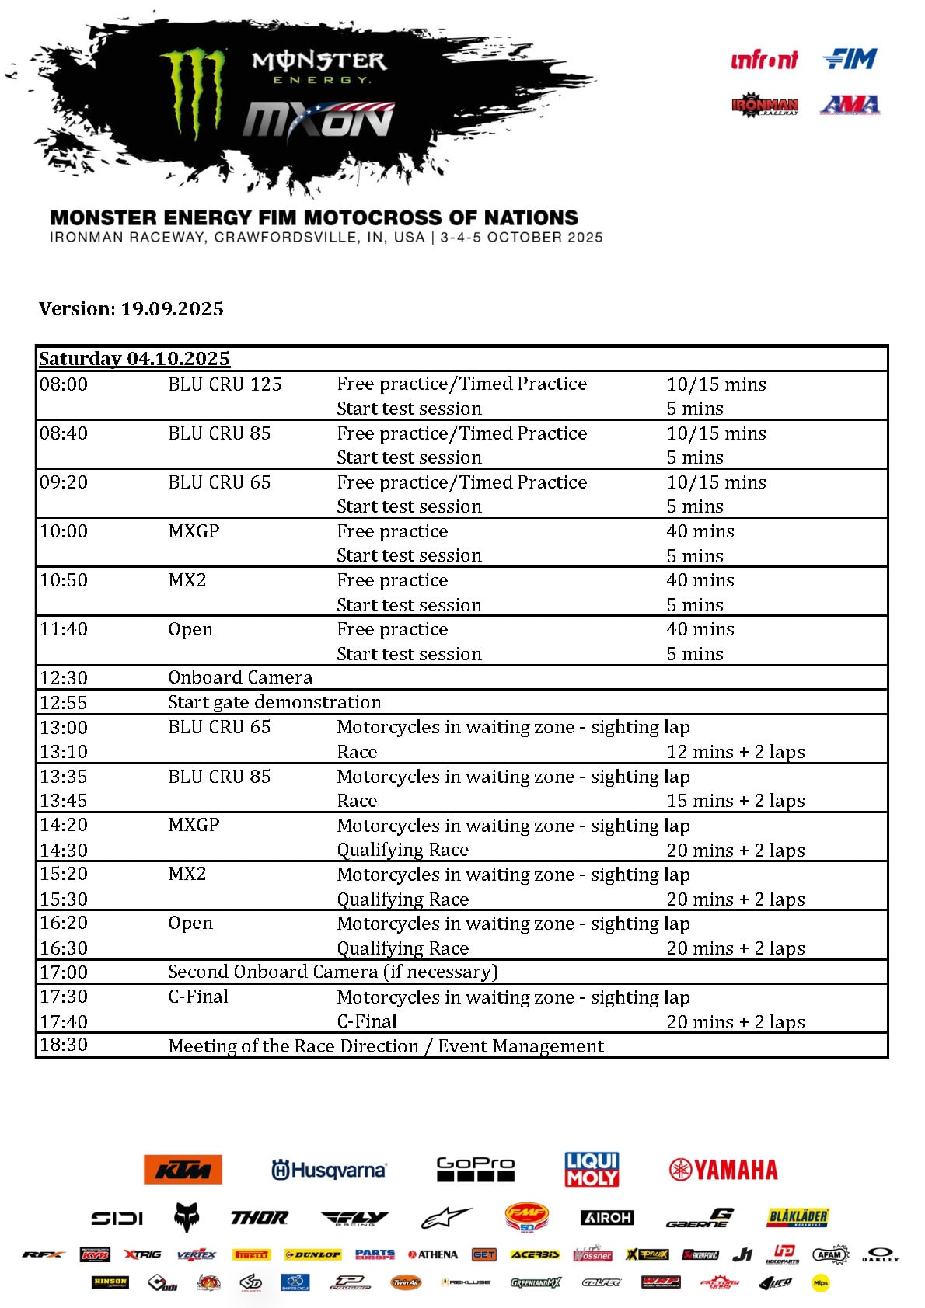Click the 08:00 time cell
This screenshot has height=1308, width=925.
click(x=64, y=384)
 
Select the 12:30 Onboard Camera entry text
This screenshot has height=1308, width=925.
click(x=240, y=677)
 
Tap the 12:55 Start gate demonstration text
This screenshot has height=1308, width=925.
click(x=274, y=702)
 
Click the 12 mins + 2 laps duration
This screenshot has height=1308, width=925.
click(x=735, y=752)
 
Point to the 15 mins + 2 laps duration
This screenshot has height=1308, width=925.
click(x=735, y=801)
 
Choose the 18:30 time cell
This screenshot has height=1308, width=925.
click(x=64, y=1045)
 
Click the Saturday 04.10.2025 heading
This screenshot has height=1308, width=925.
click(x=134, y=358)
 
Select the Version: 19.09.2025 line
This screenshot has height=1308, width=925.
click(x=131, y=309)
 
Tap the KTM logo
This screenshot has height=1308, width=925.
click(x=183, y=1169)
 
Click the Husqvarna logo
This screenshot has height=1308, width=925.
click(x=329, y=1170)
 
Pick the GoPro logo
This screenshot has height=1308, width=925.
click(x=476, y=1169)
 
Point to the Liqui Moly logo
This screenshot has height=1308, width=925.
click(x=592, y=1169)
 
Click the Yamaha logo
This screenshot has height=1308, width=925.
click(x=723, y=1170)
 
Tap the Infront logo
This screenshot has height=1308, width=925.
click(x=764, y=60)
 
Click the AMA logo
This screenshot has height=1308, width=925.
click(x=850, y=104)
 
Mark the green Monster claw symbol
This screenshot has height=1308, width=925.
click(x=193, y=91)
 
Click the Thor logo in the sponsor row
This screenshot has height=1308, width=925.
click(x=259, y=1218)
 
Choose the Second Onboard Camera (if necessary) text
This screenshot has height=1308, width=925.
click(x=333, y=972)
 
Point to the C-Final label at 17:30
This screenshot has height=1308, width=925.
click(x=198, y=997)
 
